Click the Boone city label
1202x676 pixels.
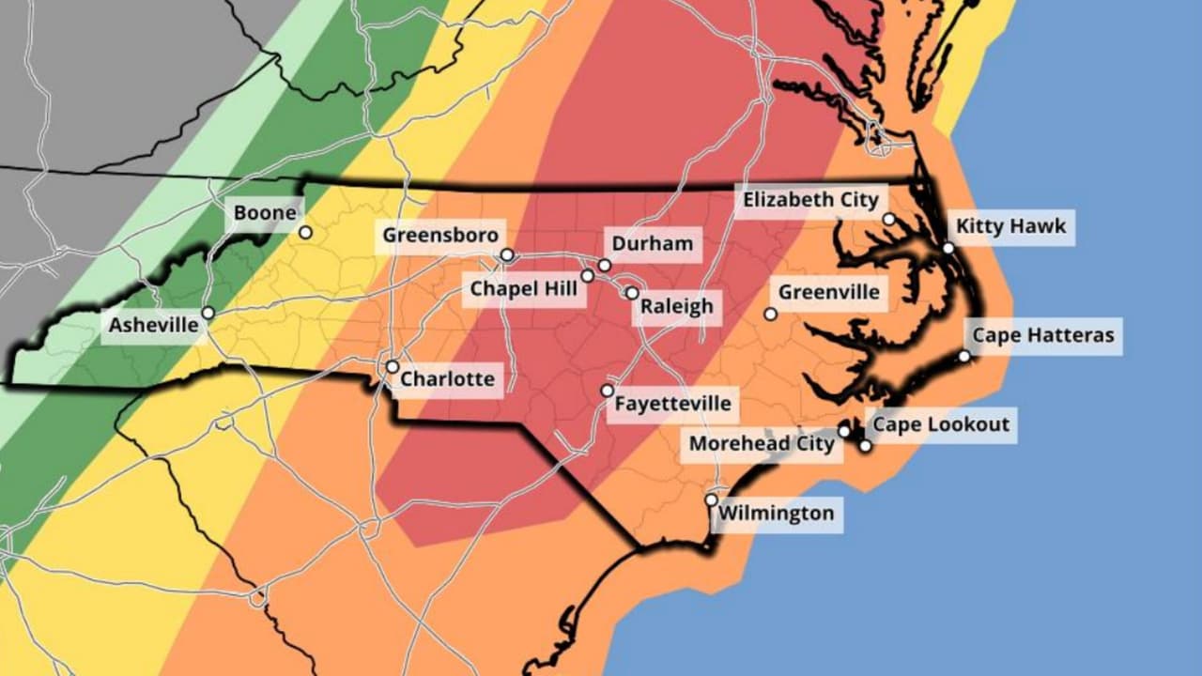tap(265, 213)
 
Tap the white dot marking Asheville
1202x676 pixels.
tap(208, 313)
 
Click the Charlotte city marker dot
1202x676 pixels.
tap(392, 366)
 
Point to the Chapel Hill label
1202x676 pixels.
tap(524, 289)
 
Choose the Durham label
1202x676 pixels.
tap(652, 245)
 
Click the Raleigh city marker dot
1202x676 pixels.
tap(632, 293)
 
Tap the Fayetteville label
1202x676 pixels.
tap(671, 404)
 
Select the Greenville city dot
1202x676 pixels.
tap(770, 314)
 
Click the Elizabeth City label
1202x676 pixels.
tap(810, 200)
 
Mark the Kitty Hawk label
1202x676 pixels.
tap(1010, 227)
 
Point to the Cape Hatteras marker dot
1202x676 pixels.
tap(963, 356)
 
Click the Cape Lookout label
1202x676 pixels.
tap(941, 424)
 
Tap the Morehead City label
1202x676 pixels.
tap(762, 443)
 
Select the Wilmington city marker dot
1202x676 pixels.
tap(711, 499)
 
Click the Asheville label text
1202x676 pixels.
tap(154, 326)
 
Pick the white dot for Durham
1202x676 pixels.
tap(604, 265)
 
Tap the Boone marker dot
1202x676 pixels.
tap(305, 232)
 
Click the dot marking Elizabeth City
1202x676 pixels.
tap(888, 219)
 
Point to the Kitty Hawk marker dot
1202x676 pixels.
tap(948, 248)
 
